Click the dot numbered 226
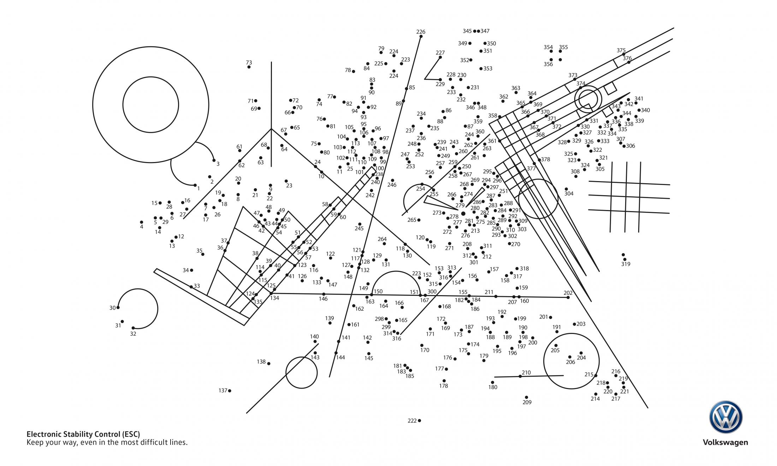tap(421, 36)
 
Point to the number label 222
tap(412, 420)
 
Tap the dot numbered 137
tap(230, 390)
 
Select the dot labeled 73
tap(249, 67)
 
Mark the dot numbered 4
tap(142, 222)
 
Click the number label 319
tap(625, 264)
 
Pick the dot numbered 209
tap(526, 397)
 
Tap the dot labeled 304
tap(566, 189)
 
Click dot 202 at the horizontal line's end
tap(568, 297)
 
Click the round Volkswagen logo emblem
tap(725, 417)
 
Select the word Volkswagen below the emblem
tap(725, 442)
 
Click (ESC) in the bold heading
tap(131, 434)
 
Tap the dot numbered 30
tap(118, 307)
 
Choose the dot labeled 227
tap(440, 57)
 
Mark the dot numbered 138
tap(269, 363)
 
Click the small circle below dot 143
tap(301, 372)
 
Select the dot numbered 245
tap(360, 224)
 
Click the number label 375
tap(621, 50)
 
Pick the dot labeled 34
tap(191, 270)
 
